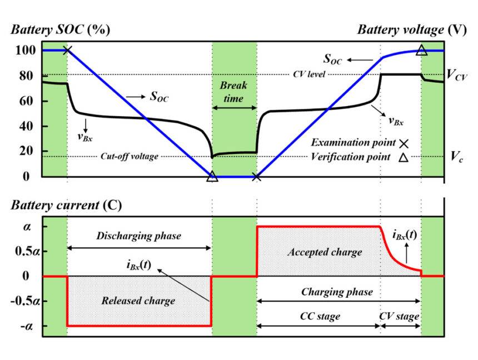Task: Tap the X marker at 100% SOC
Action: point(67,51)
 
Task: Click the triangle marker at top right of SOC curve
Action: point(421,51)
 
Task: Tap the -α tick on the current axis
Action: point(27,326)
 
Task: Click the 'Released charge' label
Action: point(138,301)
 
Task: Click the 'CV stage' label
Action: point(400,316)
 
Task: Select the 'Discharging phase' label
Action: point(139,236)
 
